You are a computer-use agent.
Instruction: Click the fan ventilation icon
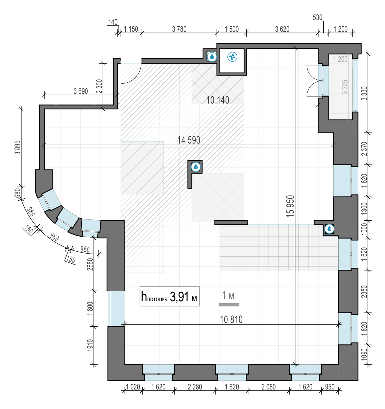232,57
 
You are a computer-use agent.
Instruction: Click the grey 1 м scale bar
229,305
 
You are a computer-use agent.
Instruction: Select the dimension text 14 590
189,140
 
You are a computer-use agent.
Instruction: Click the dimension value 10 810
231,320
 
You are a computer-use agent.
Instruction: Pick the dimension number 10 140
218,100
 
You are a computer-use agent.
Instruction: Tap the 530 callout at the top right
317,17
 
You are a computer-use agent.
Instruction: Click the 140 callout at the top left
113,22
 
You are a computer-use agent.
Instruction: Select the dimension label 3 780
179,29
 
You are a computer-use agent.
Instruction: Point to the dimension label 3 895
18,148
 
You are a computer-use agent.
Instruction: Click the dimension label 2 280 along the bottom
195,387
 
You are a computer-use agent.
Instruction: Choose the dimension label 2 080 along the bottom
269,387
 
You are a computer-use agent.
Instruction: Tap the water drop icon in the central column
196,167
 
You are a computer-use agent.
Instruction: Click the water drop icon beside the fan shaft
212,56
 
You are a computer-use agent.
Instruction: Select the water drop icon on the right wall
329,228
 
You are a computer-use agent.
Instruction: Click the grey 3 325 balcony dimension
345,87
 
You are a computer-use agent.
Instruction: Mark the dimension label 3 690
81,91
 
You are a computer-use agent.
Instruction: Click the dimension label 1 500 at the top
231,29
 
